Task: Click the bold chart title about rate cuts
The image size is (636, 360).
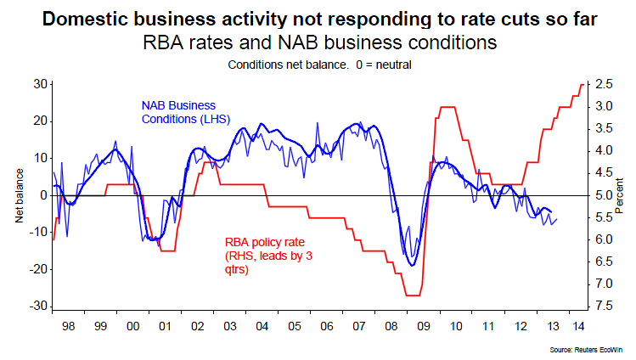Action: pos(318,18)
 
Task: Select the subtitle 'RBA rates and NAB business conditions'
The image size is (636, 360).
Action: pos(318,41)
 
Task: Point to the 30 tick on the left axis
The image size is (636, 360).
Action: pos(39,83)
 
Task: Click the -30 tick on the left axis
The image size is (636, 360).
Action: pos(37,307)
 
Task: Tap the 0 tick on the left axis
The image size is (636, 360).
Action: pos(42,195)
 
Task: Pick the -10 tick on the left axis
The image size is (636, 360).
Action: pos(37,232)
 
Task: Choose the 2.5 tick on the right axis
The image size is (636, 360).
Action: pos(605,83)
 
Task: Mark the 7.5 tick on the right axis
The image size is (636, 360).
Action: pos(605,307)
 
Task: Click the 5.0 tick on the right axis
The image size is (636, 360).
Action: pos(605,195)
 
